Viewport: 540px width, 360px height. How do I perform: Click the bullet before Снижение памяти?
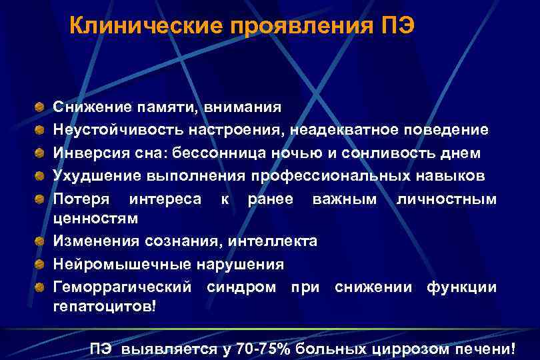tap(41, 106)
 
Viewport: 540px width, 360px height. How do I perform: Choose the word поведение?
tap(447, 129)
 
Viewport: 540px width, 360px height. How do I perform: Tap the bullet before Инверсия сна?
tap(41, 152)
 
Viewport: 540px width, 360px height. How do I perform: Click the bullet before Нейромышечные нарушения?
tap(41, 263)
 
